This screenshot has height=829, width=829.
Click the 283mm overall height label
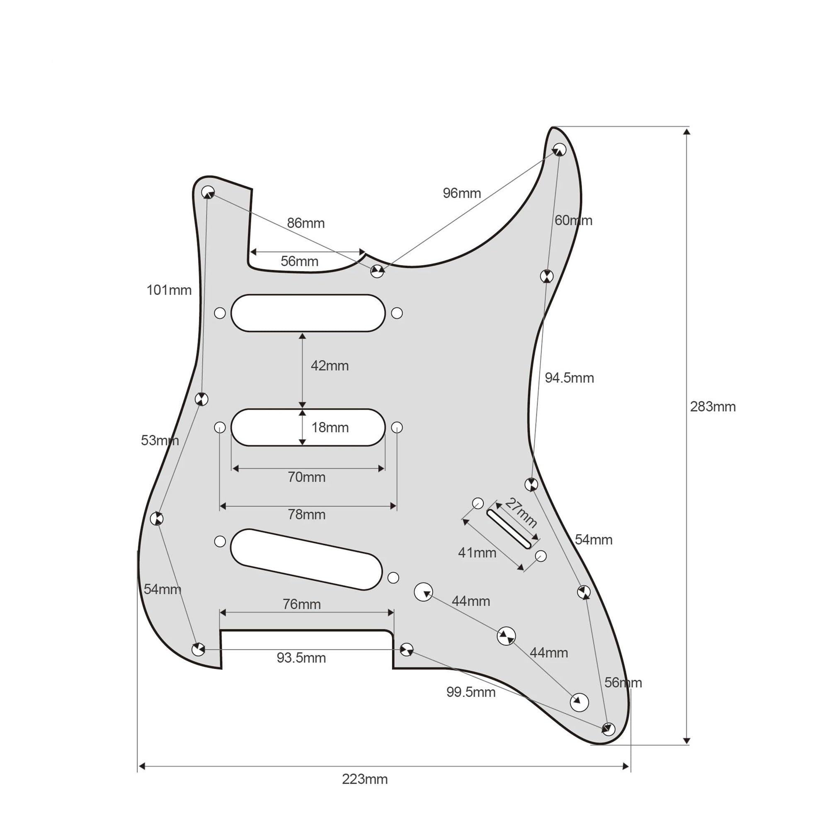tap(713, 407)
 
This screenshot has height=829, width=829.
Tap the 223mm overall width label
tap(365, 779)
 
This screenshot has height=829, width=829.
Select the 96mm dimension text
tap(462, 193)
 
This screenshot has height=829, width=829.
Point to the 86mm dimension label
tap(305, 223)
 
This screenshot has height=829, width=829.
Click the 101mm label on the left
tap(169, 290)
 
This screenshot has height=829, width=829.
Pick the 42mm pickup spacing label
tap(330, 366)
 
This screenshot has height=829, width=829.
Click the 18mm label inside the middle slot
tap(330, 427)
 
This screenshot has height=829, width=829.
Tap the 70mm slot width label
tap(306, 477)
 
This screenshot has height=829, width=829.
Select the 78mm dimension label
tap(306, 514)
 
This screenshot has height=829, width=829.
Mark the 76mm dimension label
tap(302, 604)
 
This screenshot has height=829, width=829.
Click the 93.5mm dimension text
tap(301, 658)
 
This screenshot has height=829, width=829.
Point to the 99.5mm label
tap(471, 692)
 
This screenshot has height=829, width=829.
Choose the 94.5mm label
tap(570, 378)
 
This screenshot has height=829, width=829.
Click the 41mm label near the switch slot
tap(477, 553)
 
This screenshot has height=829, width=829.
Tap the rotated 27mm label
tap(521, 512)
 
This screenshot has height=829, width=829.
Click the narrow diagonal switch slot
tap(509, 528)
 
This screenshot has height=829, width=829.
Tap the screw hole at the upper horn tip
tap(559, 149)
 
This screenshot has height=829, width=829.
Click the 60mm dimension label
tap(573, 220)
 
